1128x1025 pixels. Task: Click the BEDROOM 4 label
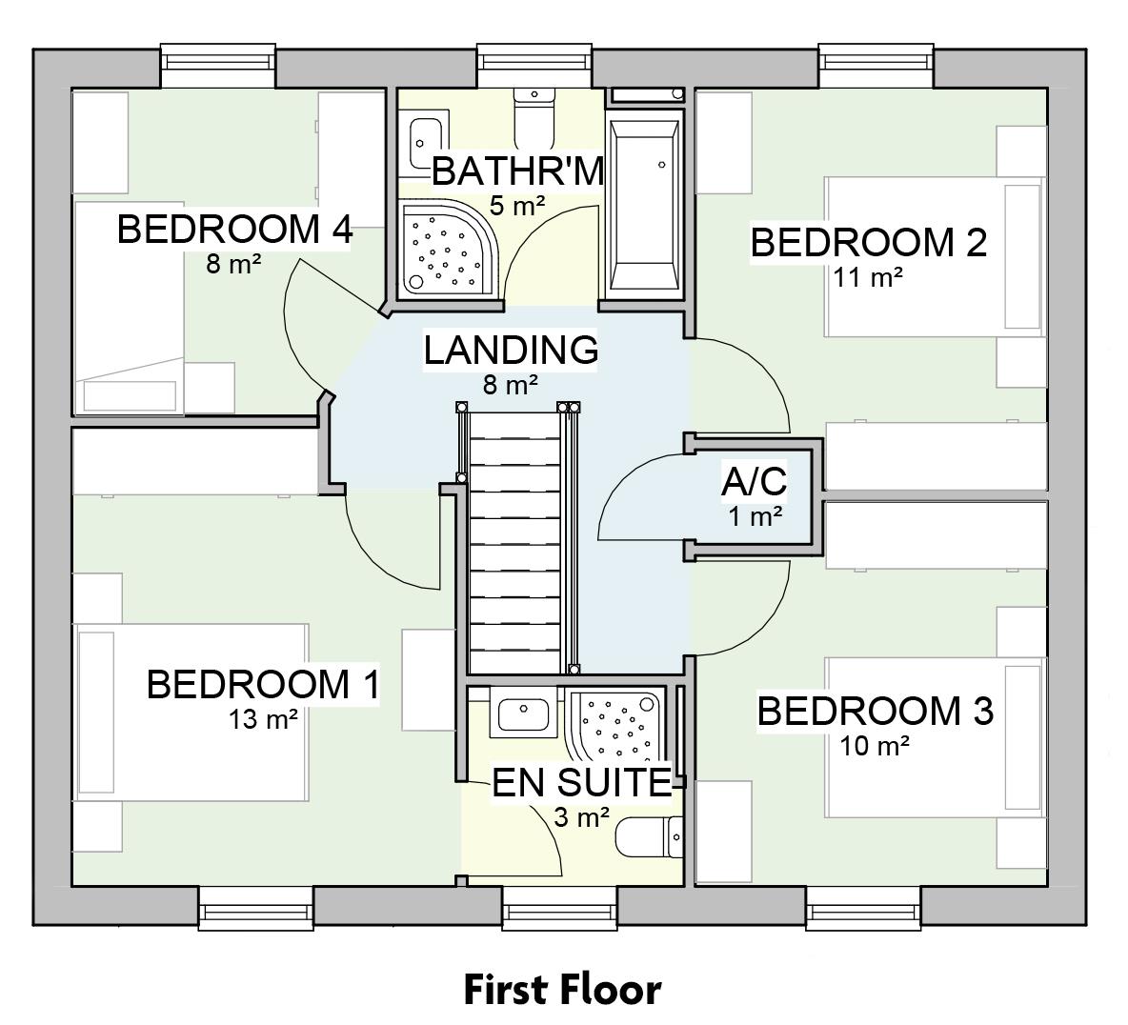234,230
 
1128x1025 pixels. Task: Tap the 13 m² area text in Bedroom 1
263,719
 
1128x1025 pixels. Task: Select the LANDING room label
511,350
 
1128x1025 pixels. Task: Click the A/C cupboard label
754,482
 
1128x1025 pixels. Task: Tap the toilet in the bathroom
534,114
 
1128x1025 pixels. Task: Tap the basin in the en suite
523,713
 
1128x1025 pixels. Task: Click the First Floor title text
562,990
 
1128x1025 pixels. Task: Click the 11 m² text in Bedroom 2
867,277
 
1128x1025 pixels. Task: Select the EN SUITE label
581,783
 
